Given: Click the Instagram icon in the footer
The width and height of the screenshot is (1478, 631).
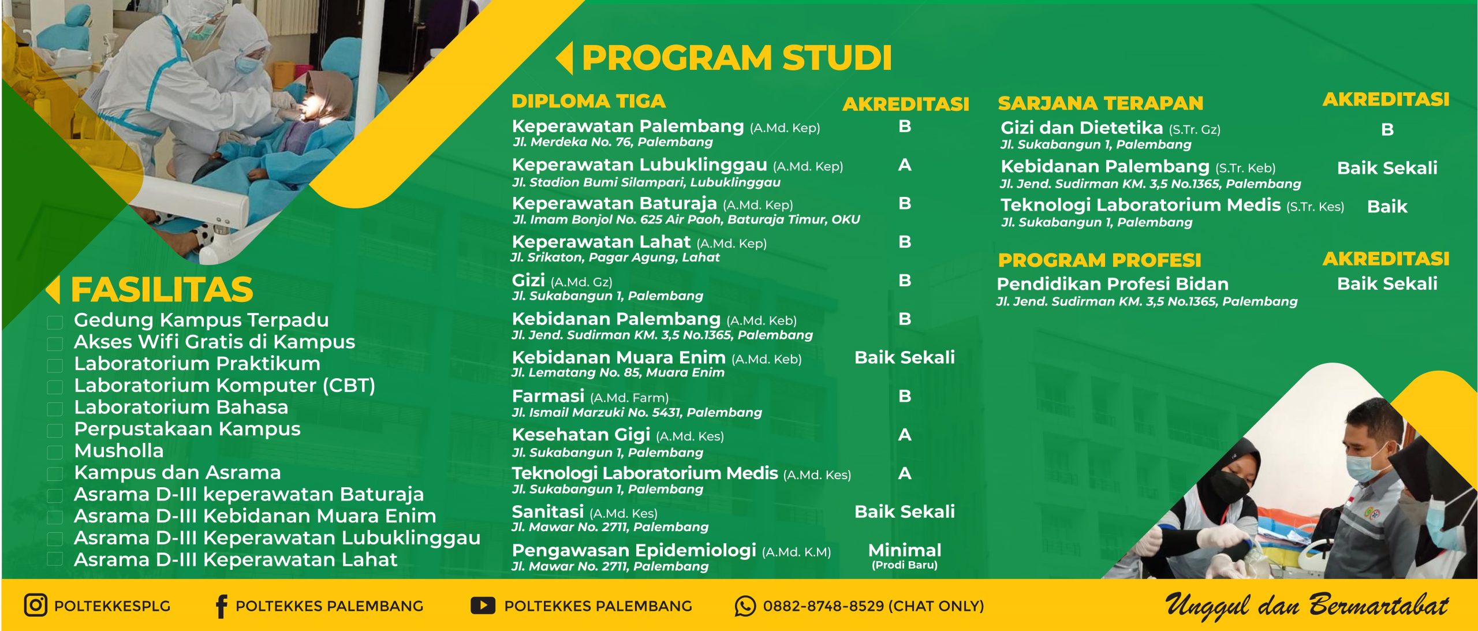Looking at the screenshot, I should (35, 605).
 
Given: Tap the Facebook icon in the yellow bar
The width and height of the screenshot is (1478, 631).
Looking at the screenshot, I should (221, 606).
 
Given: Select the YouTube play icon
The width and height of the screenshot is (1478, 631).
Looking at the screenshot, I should (483, 605).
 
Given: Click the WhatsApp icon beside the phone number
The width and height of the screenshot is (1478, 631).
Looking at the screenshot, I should (745, 606).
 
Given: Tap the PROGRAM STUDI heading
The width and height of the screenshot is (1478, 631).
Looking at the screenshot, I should (736, 58).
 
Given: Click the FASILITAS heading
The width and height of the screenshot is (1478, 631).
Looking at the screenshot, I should (162, 290).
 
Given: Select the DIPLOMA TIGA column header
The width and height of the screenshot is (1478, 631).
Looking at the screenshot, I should (588, 101).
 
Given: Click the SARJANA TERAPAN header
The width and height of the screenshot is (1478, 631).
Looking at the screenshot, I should (1100, 103).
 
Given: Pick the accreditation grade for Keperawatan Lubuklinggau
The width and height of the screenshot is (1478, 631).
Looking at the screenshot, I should (905, 165).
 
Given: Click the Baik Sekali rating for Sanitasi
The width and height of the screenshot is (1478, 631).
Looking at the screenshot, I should (904, 511).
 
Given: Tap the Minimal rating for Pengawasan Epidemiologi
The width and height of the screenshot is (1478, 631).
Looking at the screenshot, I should (904, 550).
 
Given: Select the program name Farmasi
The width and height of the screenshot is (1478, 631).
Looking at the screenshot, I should (548, 397).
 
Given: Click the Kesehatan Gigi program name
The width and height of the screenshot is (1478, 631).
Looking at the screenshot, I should (581, 435).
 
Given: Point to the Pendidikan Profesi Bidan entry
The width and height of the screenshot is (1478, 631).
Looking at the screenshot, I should (1113, 284).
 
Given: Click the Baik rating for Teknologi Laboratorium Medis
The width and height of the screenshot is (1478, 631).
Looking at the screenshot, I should (1387, 207).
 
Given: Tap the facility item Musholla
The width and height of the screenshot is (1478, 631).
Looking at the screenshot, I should (119, 451).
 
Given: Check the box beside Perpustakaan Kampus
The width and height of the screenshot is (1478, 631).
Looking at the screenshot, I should (55, 430).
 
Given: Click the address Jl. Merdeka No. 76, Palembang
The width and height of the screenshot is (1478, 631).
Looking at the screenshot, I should (613, 142).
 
